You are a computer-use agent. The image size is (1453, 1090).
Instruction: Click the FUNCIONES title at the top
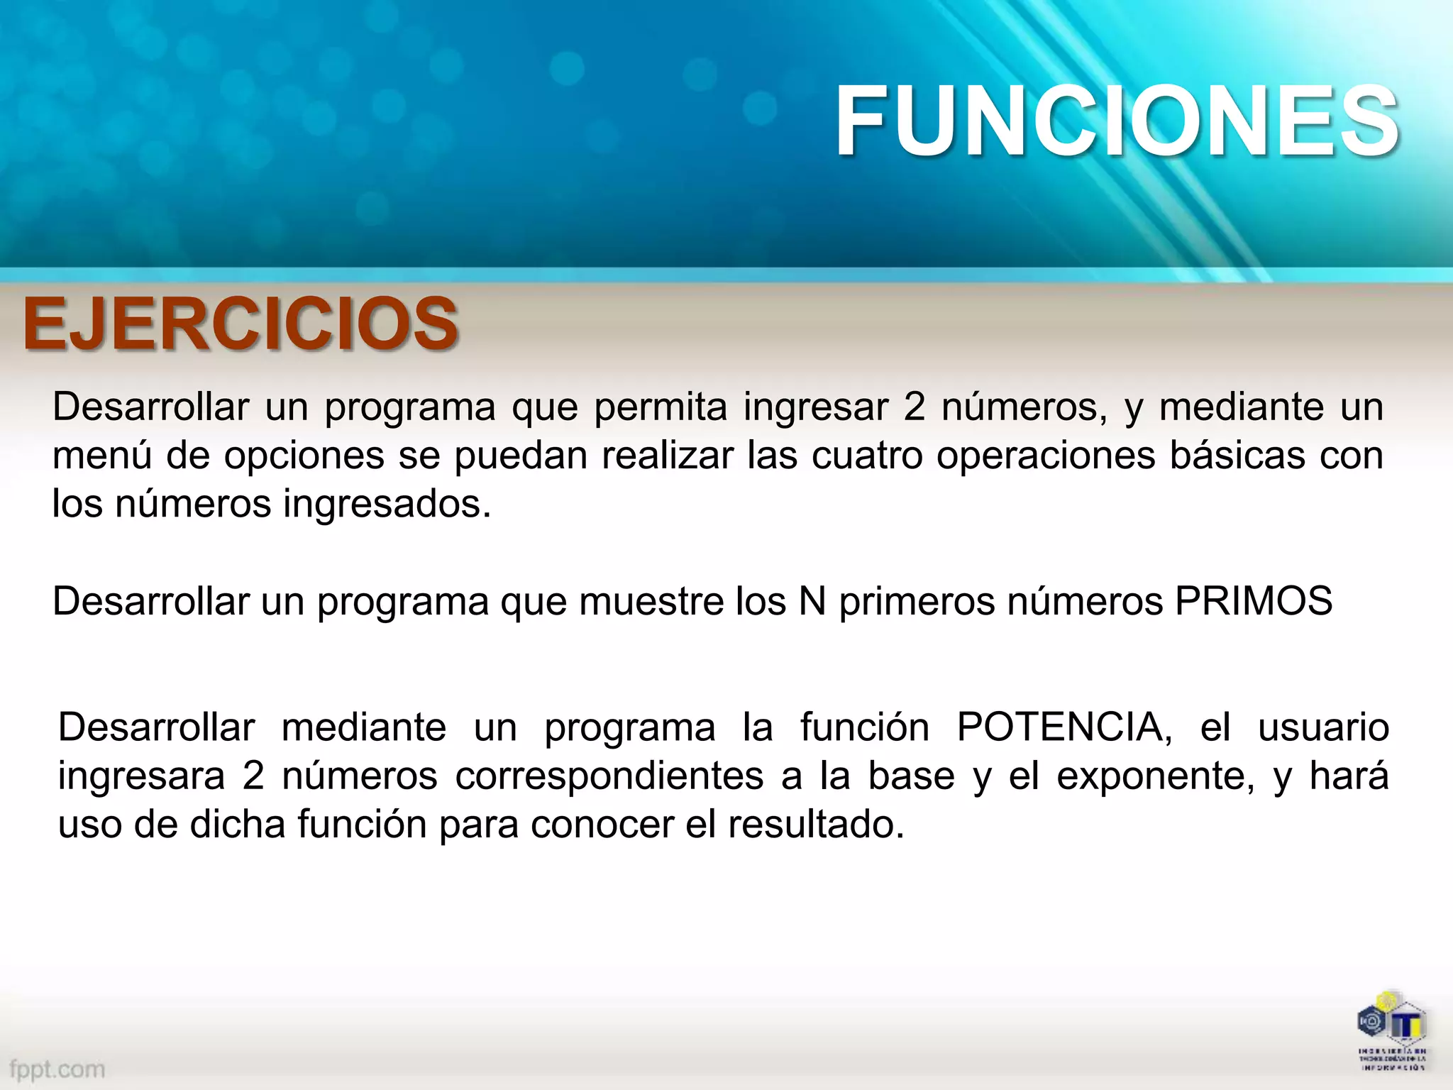coord(1117,121)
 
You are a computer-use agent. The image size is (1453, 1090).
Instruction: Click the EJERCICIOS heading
coord(240,324)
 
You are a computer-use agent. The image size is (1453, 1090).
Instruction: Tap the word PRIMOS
coord(1253,600)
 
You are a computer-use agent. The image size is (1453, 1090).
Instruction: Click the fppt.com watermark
coord(57,1069)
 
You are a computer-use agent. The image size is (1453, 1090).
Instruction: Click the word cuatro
coord(867,455)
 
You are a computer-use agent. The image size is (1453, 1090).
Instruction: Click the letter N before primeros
coord(812,600)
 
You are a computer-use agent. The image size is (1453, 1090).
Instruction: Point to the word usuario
coord(1323,727)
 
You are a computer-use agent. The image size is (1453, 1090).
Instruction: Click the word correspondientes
coord(609,776)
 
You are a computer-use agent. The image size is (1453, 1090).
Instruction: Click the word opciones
coord(304,455)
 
